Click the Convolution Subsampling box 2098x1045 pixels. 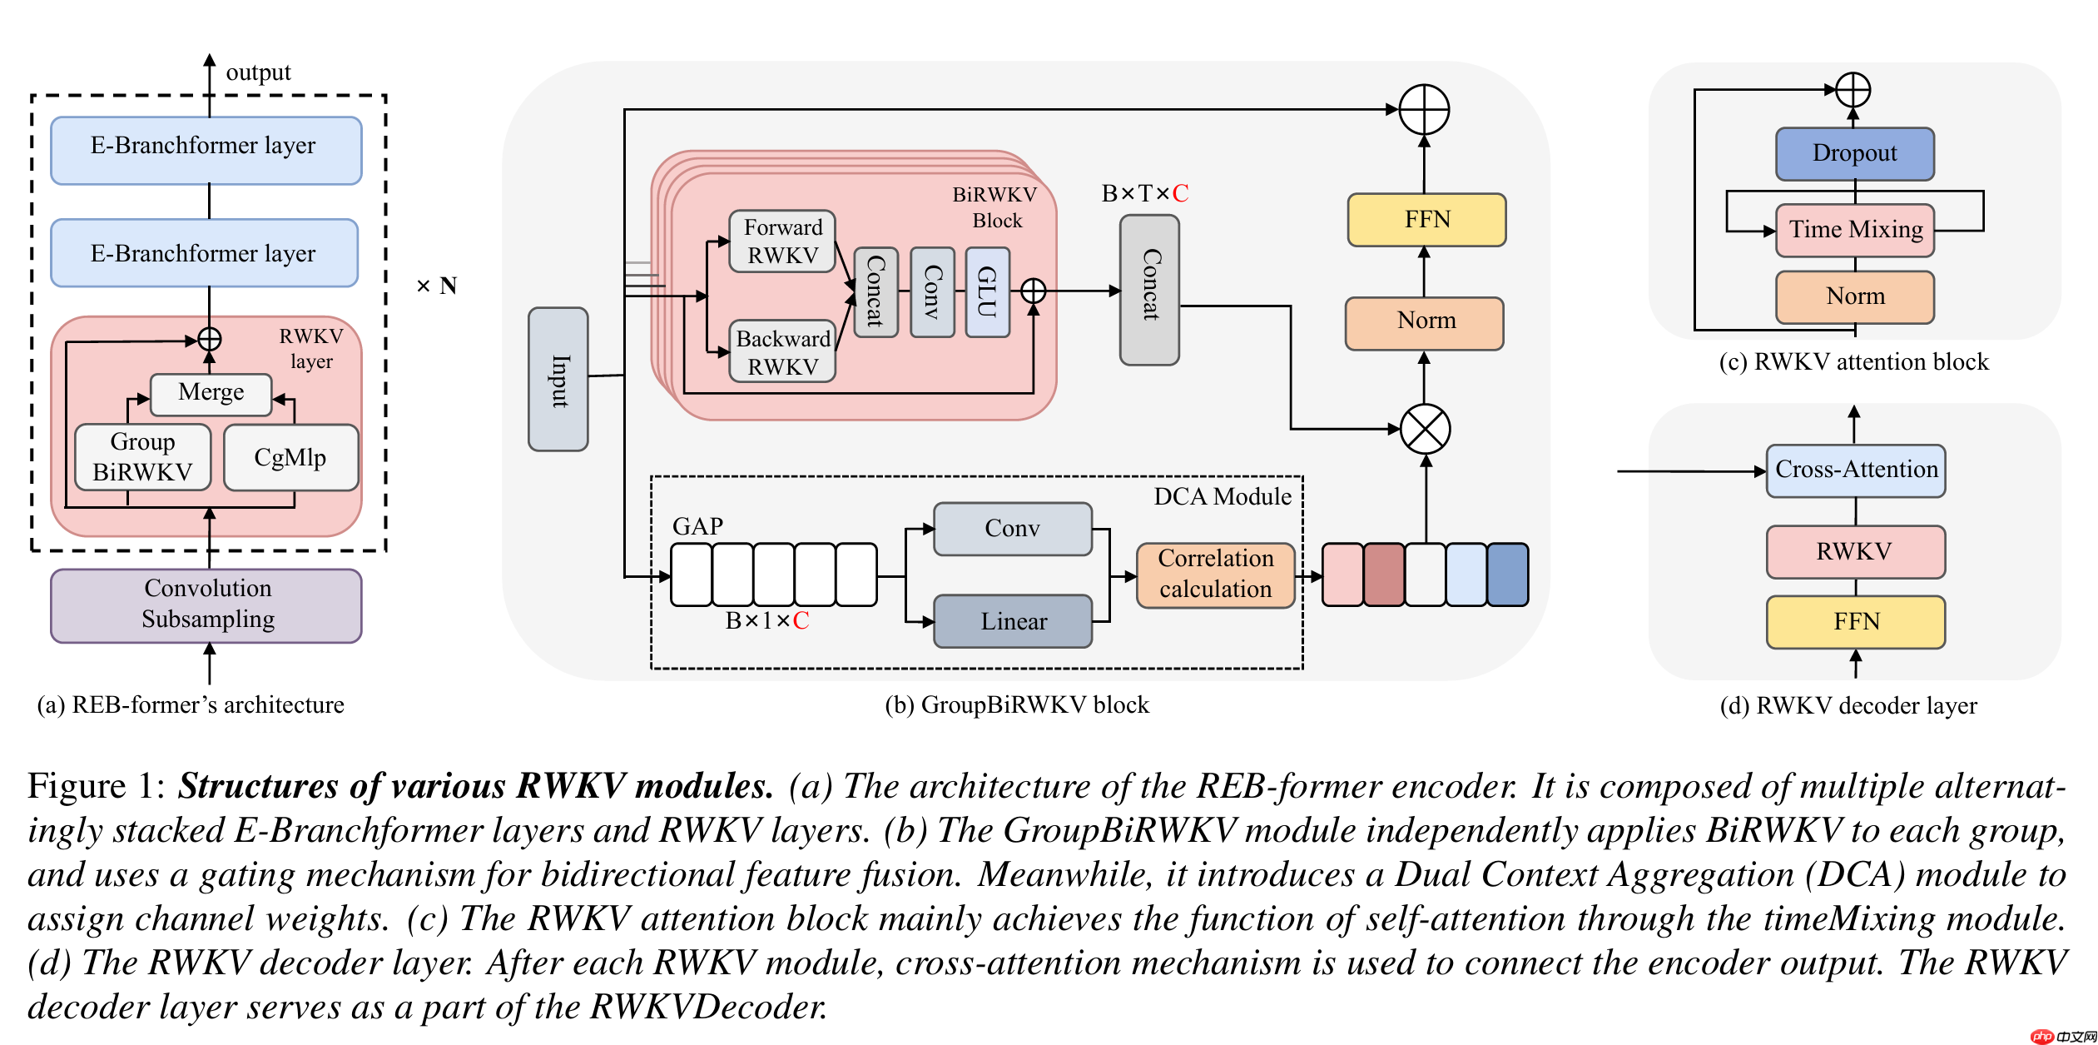(x=206, y=605)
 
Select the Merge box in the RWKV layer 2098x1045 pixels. (x=211, y=393)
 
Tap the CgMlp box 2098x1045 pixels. (x=290, y=457)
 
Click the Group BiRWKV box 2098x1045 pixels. (x=142, y=457)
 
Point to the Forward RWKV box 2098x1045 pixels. (x=781, y=241)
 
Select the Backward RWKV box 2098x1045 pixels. (x=782, y=352)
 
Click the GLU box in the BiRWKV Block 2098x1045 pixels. (x=987, y=292)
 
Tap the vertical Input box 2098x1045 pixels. (x=558, y=380)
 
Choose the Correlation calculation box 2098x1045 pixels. (x=1215, y=575)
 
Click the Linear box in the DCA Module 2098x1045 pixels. (x=1013, y=621)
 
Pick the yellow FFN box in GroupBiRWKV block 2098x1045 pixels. (x=1426, y=220)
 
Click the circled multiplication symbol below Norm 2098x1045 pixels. (x=1425, y=429)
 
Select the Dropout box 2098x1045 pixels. (x=1854, y=153)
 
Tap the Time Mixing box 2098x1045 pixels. (x=1855, y=230)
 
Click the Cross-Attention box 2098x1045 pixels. (x=1855, y=470)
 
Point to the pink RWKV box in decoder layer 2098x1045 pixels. (x=1855, y=551)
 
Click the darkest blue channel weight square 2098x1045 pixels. (x=1507, y=575)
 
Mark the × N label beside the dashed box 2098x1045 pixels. (x=436, y=286)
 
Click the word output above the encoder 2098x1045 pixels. (x=258, y=72)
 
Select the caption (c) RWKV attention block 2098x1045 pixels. (x=1853, y=361)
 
